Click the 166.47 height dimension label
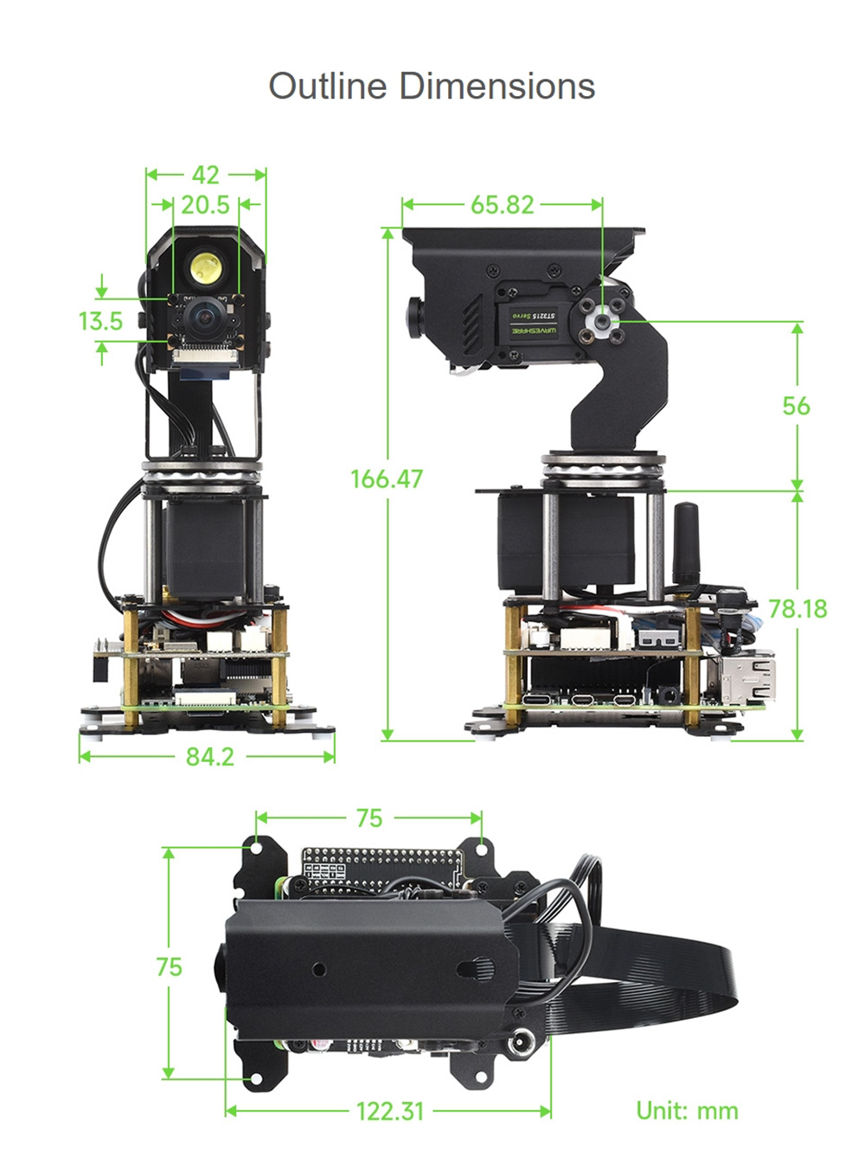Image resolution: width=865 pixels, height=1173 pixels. coord(386,478)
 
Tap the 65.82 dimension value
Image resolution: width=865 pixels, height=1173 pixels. coord(502,204)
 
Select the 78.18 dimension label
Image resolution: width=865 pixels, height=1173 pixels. coord(797,609)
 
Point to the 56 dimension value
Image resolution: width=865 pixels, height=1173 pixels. coord(796,406)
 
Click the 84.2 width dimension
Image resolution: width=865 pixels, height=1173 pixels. coord(209,757)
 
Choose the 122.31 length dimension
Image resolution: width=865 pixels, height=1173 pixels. coord(390,1111)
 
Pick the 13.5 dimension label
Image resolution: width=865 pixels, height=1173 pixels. coord(100,321)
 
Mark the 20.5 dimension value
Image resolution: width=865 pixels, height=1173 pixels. coord(205,205)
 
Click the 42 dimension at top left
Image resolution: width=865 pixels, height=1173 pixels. coord(205,175)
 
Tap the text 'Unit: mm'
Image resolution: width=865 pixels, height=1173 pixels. coord(687,1111)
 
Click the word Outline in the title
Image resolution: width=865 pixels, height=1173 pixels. coord(327,87)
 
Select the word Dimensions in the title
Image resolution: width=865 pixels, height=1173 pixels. coord(497,87)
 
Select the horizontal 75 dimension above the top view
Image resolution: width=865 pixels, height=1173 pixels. coord(368,817)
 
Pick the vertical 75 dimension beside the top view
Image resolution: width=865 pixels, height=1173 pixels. coord(169,966)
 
